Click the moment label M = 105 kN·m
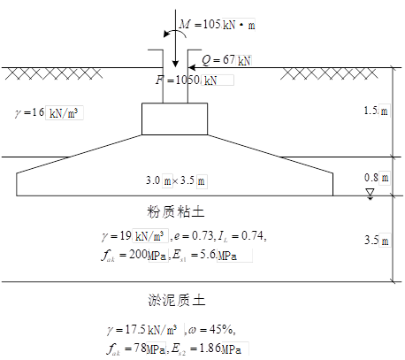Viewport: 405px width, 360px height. click(217, 24)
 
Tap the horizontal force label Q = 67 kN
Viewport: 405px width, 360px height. click(226, 60)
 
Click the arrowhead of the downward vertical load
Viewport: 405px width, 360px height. click(175, 64)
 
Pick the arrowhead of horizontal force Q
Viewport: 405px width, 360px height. click(191, 68)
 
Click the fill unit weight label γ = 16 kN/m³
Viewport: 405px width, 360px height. click(47, 112)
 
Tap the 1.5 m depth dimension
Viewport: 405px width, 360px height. click(376, 111)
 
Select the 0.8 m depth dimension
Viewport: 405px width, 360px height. click(377, 178)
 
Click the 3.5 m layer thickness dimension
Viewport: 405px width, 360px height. click(377, 241)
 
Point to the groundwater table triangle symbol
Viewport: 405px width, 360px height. click(370, 194)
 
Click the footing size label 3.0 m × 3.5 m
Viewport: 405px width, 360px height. click(175, 180)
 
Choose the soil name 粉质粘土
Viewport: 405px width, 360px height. click(175, 212)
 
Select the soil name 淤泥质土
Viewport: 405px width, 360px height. click(176, 300)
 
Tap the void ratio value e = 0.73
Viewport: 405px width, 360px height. click(194, 235)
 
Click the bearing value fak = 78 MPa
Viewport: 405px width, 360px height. click(136, 349)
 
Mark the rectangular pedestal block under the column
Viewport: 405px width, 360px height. click(174, 119)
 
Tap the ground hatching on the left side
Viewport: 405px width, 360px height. click(54, 73)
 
